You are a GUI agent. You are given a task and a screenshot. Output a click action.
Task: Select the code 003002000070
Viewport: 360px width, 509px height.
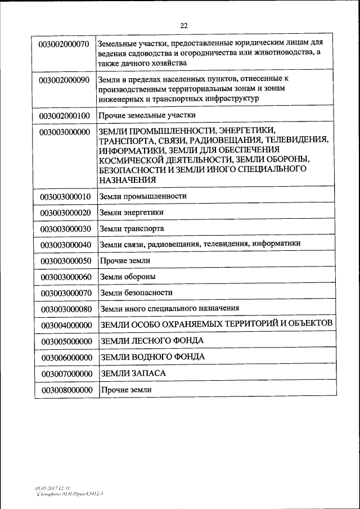(64, 44)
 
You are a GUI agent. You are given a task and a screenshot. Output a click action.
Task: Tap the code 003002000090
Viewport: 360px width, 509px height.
(64, 80)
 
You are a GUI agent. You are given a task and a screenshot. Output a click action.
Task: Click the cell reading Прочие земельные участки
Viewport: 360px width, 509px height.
(147, 115)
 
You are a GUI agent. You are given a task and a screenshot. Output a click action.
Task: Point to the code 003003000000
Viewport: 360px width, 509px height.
(64, 132)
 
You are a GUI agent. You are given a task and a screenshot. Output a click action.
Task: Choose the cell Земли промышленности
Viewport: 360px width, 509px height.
(143, 196)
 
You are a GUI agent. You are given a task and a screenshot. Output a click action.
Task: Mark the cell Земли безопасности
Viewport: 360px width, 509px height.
(136, 292)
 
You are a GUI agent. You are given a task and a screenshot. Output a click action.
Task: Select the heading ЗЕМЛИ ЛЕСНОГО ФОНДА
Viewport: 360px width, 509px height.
(152, 341)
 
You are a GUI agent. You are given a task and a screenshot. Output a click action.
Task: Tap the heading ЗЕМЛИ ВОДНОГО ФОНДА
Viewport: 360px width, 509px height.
(152, 357)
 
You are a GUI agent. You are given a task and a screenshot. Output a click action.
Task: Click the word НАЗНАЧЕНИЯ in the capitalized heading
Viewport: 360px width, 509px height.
(127, 179)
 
